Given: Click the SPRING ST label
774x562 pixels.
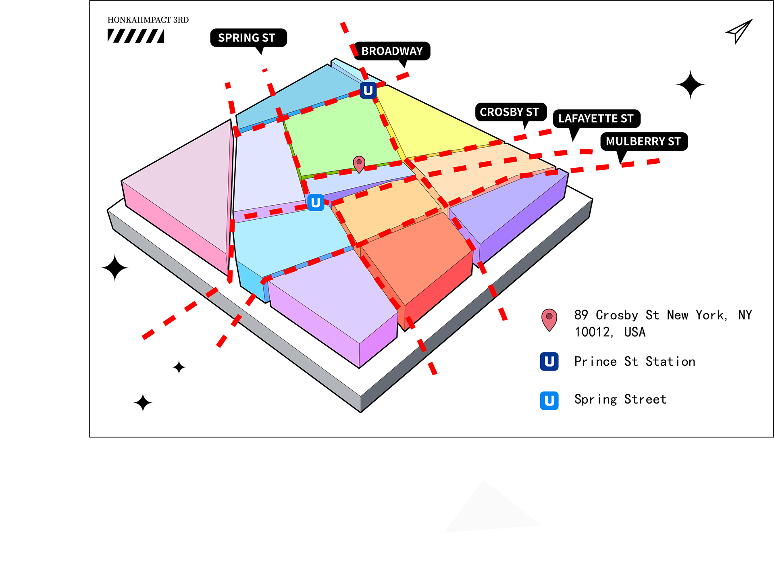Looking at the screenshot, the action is pos(246,38).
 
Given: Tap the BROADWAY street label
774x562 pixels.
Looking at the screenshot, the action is pos(392,51).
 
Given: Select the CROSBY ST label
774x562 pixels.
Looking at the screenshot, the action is pos(509,112).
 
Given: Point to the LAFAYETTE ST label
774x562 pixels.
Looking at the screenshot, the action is pos(595,119).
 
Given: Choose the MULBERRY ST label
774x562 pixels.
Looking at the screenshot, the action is pos(643,142).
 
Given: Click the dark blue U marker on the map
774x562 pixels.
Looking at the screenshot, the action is pos(368,90).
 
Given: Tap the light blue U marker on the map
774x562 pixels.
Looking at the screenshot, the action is pos(316,202).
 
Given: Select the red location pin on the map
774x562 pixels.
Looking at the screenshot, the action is pos(359,164).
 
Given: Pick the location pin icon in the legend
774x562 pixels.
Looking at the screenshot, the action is pos(549,320).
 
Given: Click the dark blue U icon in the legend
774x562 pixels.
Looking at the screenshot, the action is pos(549,362).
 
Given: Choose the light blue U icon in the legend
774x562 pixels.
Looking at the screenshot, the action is pos(549,401).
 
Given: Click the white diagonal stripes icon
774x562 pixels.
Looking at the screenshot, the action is pos(135,35).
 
